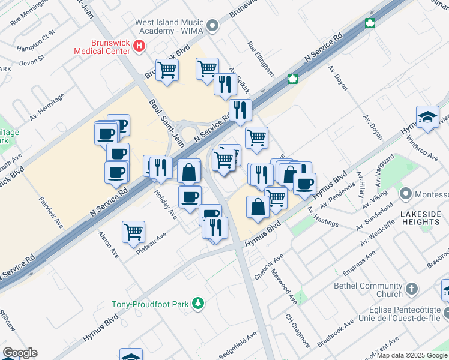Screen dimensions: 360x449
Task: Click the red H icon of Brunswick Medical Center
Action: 140,45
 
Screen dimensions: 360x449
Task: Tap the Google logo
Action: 20,353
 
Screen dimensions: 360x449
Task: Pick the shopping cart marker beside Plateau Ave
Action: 133,232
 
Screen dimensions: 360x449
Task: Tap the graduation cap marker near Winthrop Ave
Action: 427,117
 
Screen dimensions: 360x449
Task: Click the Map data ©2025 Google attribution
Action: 412,355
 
